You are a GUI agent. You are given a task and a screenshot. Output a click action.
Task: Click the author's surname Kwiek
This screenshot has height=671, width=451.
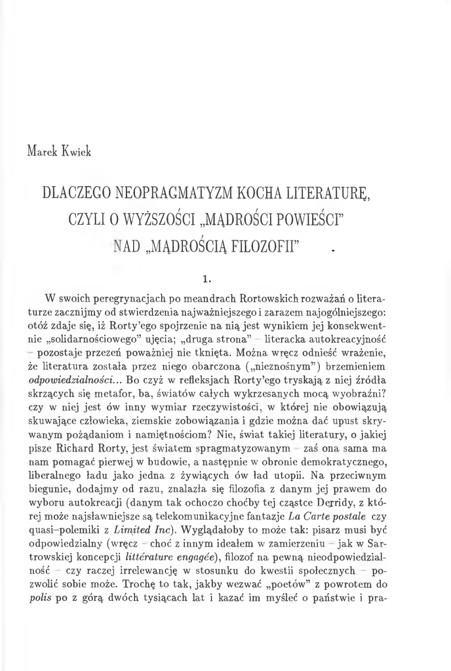coord(77,152)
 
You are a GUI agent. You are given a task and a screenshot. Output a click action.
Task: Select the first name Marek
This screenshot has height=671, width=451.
coord(43,152)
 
